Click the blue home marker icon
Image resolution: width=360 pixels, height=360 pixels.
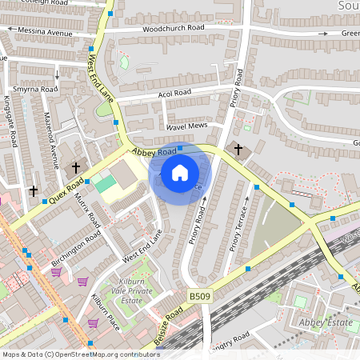coord(180,172)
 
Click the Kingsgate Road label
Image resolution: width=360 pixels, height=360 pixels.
coord(10,122)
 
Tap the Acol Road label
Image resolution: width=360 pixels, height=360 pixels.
coord(175,94)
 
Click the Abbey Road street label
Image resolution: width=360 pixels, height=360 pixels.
coord(154,152)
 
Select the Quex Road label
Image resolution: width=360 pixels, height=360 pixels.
coord(66,190)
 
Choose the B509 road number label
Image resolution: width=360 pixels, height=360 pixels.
coord(199,297)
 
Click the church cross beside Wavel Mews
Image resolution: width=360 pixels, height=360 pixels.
coord(237,149)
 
